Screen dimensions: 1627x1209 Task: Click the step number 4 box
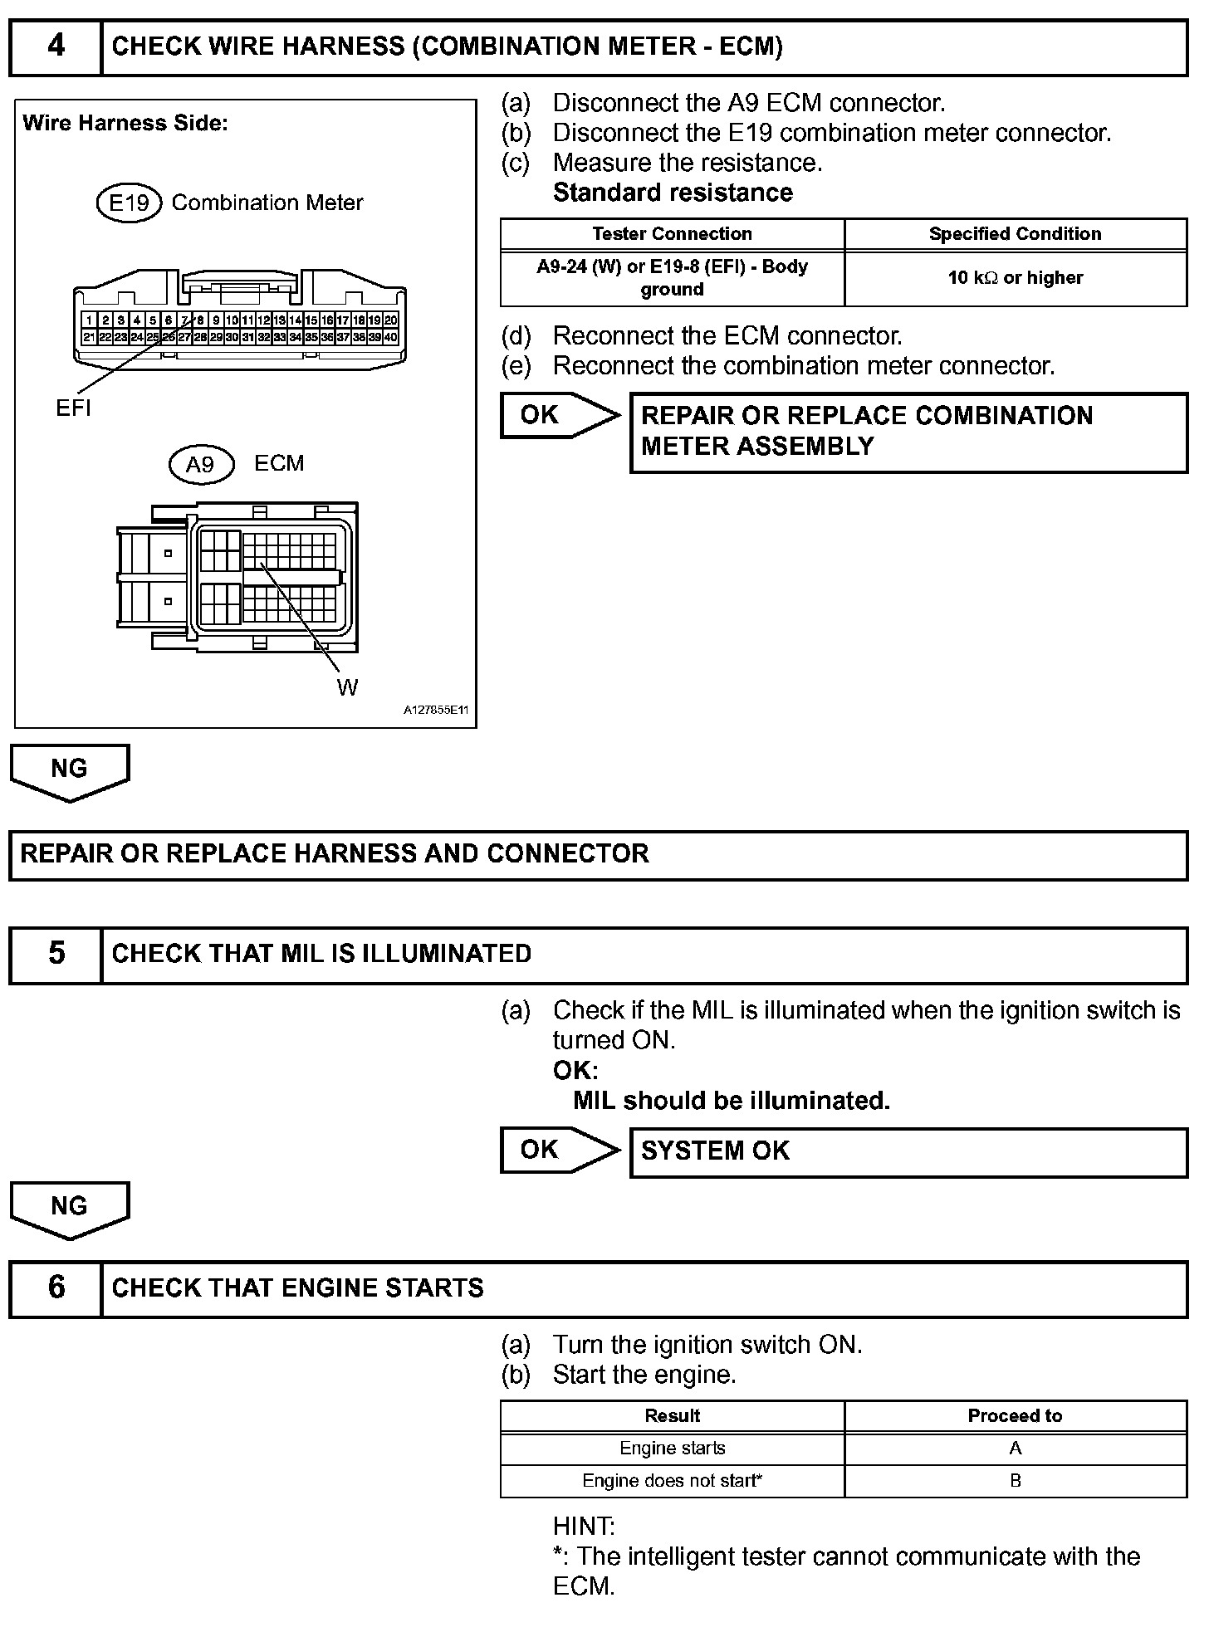56,46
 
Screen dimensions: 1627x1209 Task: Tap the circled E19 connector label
129,203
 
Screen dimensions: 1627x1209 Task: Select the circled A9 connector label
200,464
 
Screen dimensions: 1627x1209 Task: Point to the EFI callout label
73,408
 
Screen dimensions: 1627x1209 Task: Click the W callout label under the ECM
347,687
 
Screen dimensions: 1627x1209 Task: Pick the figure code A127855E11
436,711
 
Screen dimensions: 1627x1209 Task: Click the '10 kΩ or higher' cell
1015,278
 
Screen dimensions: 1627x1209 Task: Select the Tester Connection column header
672,234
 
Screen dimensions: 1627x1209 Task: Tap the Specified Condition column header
1015,234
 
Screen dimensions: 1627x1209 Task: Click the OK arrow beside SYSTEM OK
558,1150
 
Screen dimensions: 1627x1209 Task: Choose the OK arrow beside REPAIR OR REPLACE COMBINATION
558,415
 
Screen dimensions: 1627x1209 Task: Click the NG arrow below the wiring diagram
69,770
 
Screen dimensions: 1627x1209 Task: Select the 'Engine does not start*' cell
672,1481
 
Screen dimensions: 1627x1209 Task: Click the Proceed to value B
1015,1481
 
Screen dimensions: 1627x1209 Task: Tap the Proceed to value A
1015,1449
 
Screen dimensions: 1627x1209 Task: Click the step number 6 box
56,1287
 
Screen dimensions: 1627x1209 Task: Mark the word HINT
584,1527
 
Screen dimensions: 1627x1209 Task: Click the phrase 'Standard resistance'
673,193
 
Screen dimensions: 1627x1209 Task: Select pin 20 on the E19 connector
391,320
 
